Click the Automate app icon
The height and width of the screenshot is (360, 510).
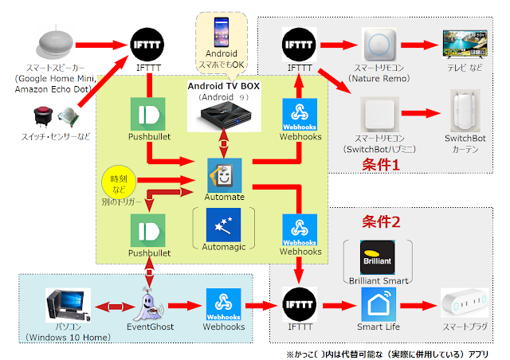[224, 173]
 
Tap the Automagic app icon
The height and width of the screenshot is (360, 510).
[223, 226]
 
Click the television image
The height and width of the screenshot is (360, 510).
[463, 44]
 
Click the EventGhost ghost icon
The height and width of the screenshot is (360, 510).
[148, 303]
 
